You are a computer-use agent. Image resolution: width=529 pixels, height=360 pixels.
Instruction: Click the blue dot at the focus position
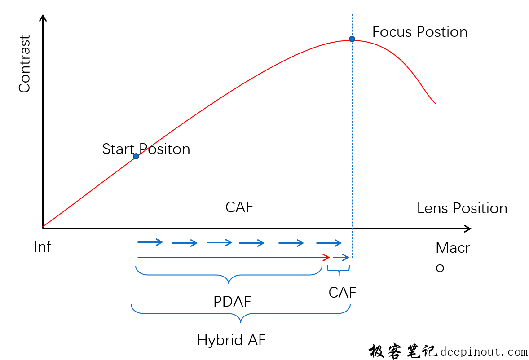click(x=352, y=39)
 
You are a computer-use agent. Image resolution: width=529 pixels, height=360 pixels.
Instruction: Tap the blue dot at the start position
click(x=136, y=156)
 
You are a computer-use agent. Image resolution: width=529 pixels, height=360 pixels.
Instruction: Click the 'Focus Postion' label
click(x=420, y=32)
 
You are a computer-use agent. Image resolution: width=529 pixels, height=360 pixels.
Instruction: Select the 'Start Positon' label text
click(x=146, y=149)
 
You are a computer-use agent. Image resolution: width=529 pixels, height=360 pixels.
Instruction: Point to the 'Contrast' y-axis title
click(x=25, y=64)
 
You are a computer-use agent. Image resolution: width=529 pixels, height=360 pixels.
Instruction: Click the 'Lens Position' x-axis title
click(x=462, y=208)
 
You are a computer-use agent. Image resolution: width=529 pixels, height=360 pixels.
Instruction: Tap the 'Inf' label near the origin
click(x=43, y=247)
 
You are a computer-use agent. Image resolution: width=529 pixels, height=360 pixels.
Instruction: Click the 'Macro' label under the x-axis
click(x=452, y=257)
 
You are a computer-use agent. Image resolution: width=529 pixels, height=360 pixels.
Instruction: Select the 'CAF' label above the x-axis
click(x=239, y=207)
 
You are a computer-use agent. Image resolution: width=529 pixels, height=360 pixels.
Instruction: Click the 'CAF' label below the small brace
click(x=342, y=293)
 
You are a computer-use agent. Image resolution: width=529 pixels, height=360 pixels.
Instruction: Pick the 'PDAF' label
click(x=232, y=301)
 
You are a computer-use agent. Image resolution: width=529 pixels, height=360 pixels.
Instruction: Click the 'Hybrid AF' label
click(x=231, y=340)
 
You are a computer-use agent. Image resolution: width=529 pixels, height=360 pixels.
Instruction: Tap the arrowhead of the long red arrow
click(x=326, y=258)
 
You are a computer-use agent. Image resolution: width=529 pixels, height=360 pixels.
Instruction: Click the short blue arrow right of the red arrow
click(x=341, y=258)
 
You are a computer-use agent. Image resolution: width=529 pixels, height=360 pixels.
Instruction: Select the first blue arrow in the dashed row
click(x=150, y=242)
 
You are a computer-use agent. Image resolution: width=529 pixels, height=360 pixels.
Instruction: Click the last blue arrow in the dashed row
click(x=329, y=243)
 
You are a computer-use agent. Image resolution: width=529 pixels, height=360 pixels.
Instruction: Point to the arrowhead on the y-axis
click(x=43, y=18)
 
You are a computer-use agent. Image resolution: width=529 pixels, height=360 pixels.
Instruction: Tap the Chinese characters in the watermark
click(x=403, y=351)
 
